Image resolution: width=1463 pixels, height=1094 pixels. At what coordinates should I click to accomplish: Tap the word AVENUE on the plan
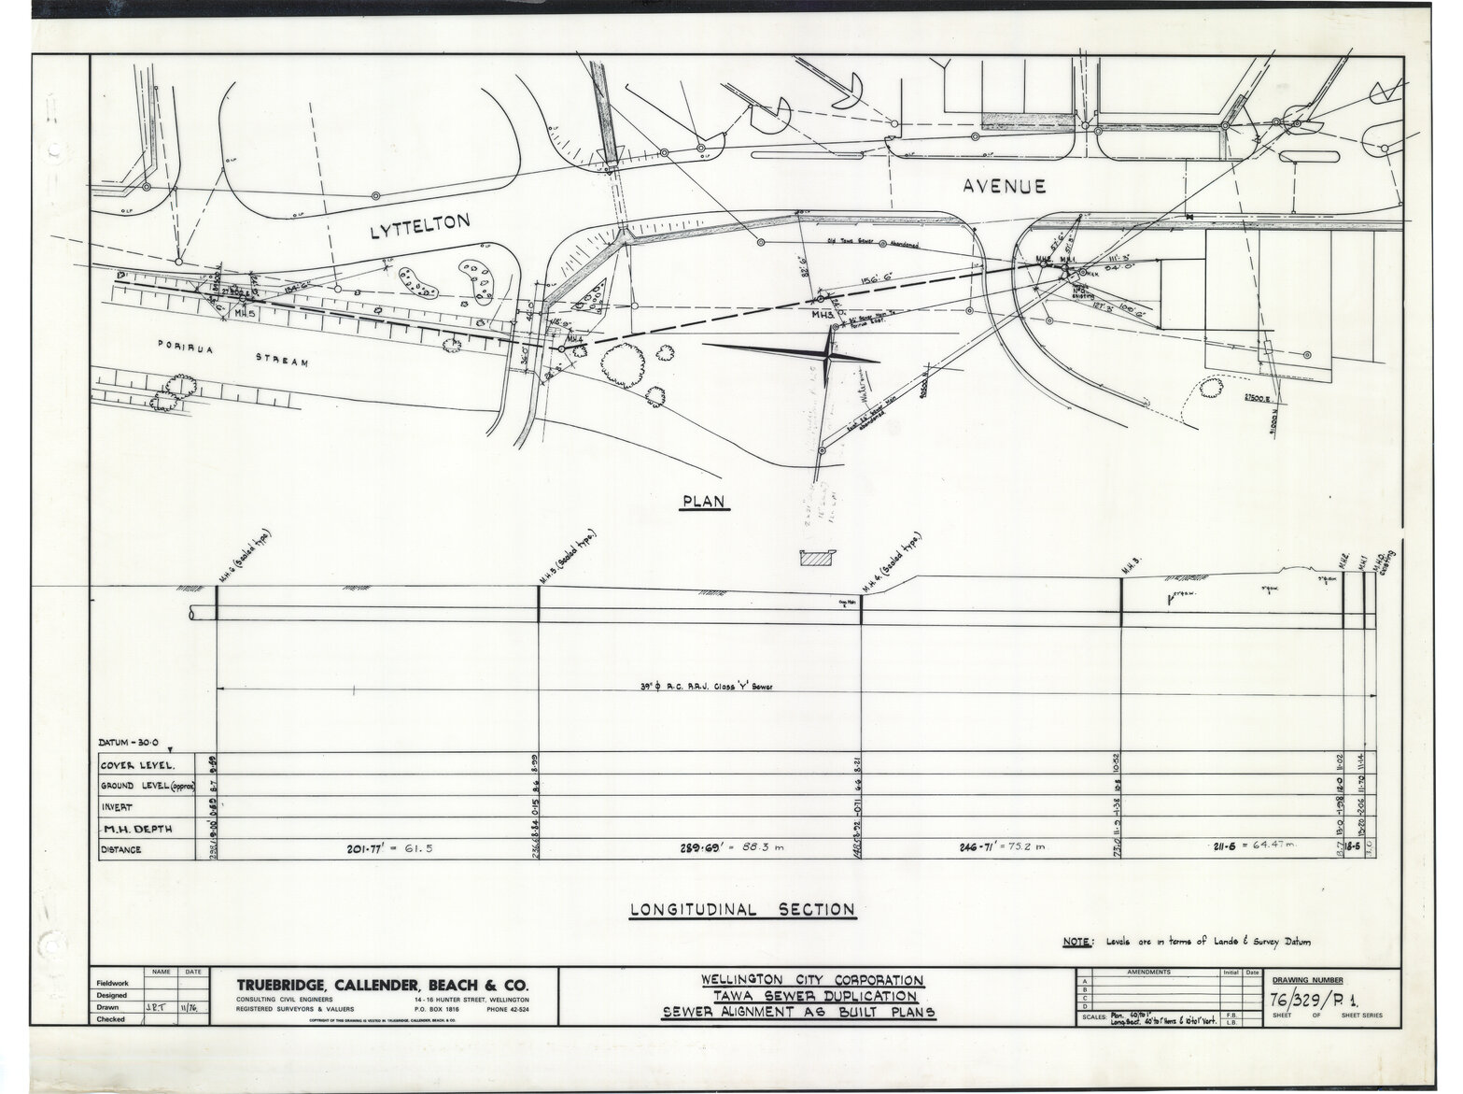point(1004,187)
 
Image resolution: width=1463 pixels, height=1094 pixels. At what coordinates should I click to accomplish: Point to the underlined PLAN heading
point(704,502)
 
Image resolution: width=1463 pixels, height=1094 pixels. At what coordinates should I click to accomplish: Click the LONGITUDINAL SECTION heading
point(742,909)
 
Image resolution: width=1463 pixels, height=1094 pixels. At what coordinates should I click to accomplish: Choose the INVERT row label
point(119,807)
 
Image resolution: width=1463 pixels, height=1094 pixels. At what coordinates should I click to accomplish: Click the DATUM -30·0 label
point(131,744)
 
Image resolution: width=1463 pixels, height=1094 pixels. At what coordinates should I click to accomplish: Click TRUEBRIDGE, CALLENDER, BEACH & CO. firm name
point(383,985)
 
